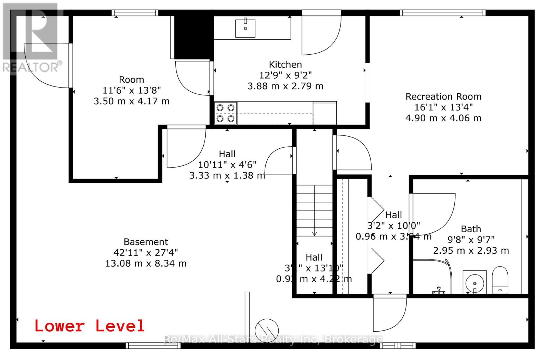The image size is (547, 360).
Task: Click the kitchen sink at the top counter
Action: click(245, 28)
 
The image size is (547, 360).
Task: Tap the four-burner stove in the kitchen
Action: click(225, 113)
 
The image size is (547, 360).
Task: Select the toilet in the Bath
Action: click(500, 280)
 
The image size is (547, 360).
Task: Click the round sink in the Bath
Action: click(475, 282)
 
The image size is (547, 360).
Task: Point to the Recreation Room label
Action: click(443, 96)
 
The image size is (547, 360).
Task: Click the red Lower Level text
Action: click(89, 326)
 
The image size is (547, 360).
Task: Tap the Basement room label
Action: click(146, 242)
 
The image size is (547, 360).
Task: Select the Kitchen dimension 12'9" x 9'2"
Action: click(285, 75)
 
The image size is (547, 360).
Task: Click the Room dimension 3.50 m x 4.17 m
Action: click(132, 101)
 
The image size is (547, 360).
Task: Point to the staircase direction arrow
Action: click(314, 233)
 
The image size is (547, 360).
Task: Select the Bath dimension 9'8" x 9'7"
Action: click(471, 240)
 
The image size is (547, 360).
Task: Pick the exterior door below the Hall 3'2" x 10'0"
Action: click(390, 313)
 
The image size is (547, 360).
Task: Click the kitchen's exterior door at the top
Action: click(321, 34)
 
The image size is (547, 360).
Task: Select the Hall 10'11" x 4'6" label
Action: click(227, 154)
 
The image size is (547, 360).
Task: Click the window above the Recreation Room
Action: click(443, 13)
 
